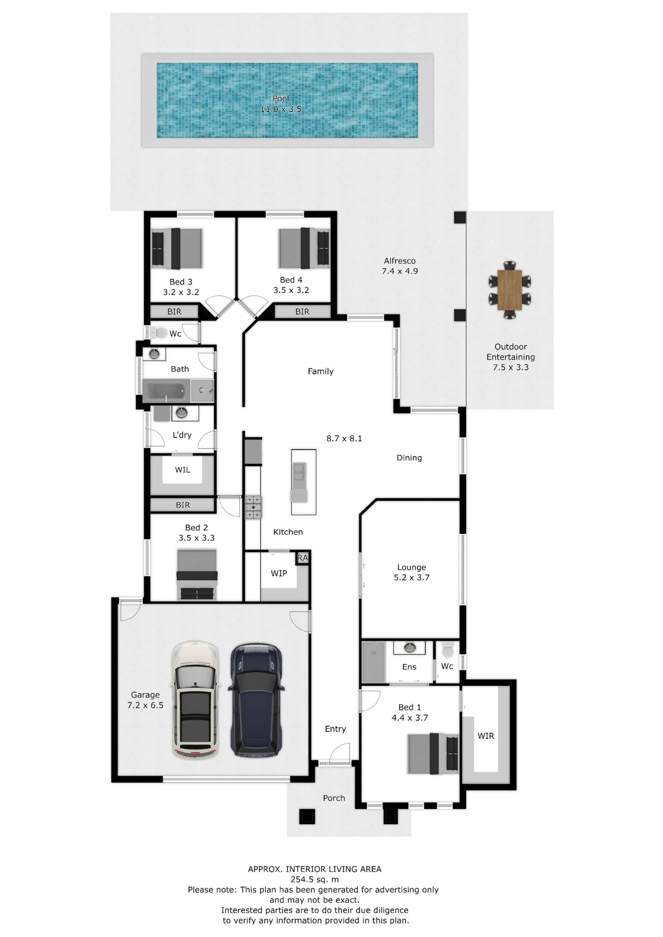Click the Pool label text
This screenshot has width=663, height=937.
tap(281, 98)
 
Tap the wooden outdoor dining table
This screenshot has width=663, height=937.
tap(510, 290)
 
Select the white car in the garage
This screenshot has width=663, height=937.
tap(195, 700)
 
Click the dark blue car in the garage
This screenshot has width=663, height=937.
tap(256, 700)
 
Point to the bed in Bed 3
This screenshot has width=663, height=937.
tap(177, 248)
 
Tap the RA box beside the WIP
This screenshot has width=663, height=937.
tap(302, 558)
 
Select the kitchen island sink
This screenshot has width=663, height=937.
tap(299, 471)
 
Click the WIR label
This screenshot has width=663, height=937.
tap(486, 736)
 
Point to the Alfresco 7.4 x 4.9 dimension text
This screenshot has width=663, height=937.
tap(400, 271)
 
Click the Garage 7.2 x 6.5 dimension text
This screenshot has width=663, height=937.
tap(145, 705)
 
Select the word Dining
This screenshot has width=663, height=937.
tap(409, 458)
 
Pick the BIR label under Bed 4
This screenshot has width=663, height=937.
tap(302, 312)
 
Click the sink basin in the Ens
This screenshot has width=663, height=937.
tap(410, 648)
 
